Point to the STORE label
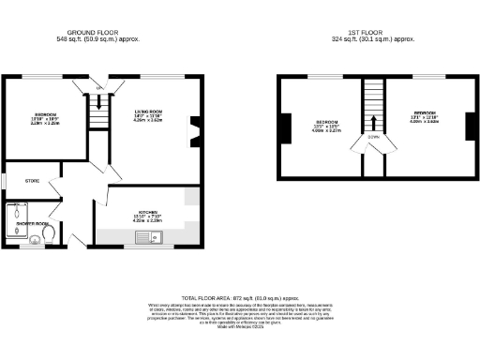click(x=33, y=180)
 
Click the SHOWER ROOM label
click(x=32, y=223)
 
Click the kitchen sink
click(x=150, y=237)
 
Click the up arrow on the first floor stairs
click(x=374, y=121)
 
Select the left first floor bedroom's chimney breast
click(x=281, y=127)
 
